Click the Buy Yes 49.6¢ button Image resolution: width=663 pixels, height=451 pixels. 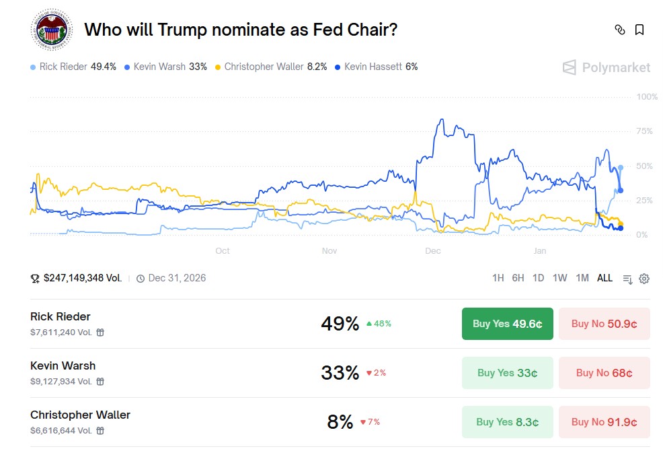click(507, 324)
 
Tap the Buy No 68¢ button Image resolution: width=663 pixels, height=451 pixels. click(604, 373)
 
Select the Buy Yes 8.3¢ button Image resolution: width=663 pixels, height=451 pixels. click(507, 422)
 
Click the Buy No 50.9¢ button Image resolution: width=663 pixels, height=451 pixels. click(604, 324)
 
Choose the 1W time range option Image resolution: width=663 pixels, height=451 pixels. click(559, 278)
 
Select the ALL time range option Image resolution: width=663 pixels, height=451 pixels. click(604, 278)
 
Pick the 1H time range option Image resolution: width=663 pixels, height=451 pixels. click(498, 278)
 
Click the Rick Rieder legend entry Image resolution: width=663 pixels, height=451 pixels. click(73, 67)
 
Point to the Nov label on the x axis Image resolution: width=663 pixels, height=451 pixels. click(329, 251)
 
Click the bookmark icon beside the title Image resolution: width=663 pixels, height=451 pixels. click(639, 30)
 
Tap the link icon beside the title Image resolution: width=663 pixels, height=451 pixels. click(620, 30)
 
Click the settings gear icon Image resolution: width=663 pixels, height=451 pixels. click(644, 279)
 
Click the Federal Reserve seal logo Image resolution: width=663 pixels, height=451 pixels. click(51, 30)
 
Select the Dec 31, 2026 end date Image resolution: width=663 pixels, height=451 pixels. click(176, 278)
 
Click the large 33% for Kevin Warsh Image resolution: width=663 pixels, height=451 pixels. click(340, 373)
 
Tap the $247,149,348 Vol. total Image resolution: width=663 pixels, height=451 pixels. click(82, 278)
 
